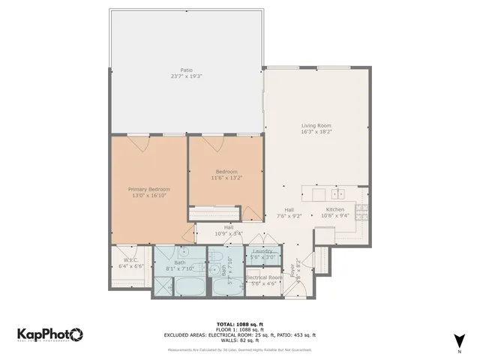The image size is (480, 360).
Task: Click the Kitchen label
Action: click(x=334, y=210)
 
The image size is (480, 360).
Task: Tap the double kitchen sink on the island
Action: click(x=338, y=192)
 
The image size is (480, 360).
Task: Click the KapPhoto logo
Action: click(x=49, y=334)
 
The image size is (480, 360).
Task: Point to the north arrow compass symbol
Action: click(x=459, y=341)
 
